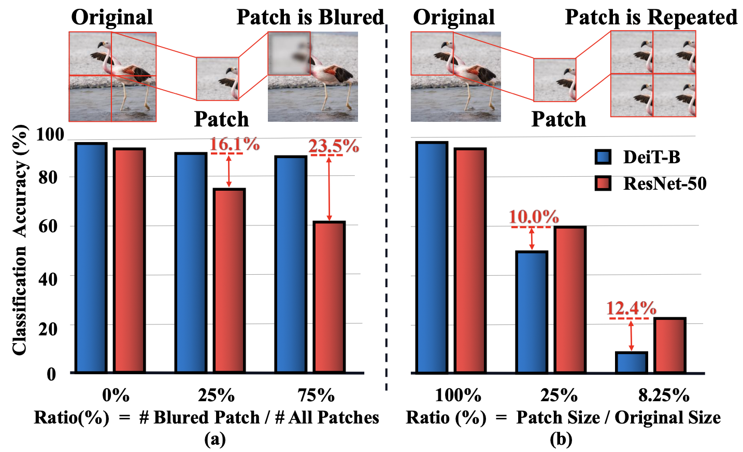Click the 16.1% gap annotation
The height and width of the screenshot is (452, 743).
[x=234, y=144]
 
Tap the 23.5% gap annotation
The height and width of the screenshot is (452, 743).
[x=334, y=146]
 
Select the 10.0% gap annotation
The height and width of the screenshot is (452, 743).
[x=534, y=217]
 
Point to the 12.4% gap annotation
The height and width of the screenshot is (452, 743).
[x=631, y=308]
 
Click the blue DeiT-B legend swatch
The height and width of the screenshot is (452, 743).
[x=603, y=157]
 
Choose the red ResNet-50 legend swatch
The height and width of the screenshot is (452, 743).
[x=603, y=183]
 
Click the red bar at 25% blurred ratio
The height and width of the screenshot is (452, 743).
[x=229, y=280]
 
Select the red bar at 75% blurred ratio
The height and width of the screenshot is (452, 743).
[x=329, y=297]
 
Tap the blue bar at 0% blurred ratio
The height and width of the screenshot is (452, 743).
[x=91, y=258]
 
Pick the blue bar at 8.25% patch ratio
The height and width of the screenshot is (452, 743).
[x=631, y=362]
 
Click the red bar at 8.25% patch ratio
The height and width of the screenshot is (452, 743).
[x=669, y=345]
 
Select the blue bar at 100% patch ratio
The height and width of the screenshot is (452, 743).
[x=432, y=257]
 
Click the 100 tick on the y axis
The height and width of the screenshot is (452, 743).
[x=50, y=135]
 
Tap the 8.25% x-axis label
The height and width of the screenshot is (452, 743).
[x=663, y=395]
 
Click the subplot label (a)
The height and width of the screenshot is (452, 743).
[x=215, y=440]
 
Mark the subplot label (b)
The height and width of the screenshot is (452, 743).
[x=561, y=440]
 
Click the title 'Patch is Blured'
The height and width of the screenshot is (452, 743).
[x=310, y=17]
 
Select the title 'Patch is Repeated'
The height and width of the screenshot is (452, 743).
[x=651, y=17]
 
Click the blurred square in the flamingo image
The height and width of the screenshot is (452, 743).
[x=289, y=53]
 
